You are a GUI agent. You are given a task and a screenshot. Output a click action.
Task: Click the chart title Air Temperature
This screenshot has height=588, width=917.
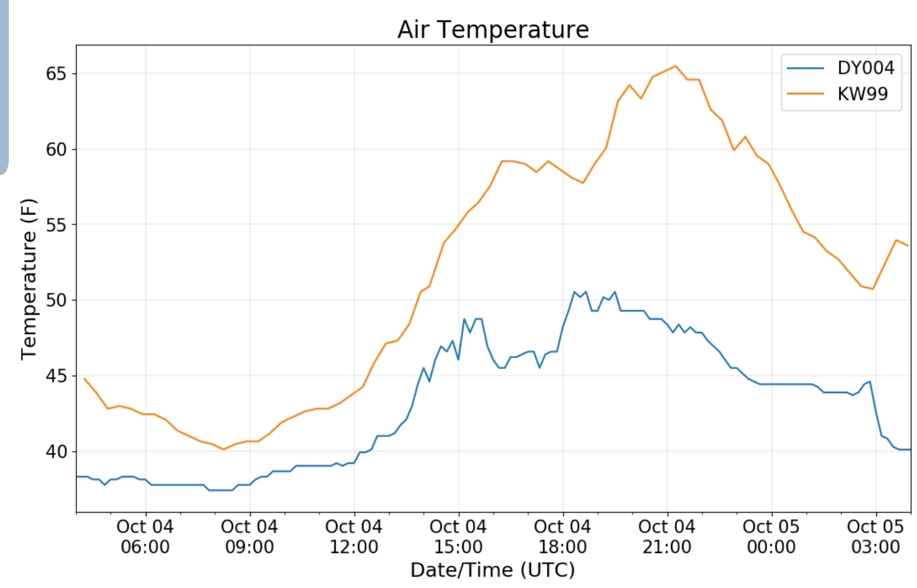click(493, 29)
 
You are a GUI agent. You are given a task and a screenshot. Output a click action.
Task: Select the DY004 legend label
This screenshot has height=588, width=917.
click(865, 68)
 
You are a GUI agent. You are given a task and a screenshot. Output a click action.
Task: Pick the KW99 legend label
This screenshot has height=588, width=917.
click(862, 94)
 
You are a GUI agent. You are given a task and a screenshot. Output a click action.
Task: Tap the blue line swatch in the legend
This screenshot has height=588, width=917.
click(805, 68)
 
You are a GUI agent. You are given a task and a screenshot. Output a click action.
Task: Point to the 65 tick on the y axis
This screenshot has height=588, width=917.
click(56, 74)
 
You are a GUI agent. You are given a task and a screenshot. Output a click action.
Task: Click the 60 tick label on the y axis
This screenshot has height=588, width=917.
click(56, 149)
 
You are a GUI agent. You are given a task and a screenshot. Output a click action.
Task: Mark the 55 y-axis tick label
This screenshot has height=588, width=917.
click(56, 225)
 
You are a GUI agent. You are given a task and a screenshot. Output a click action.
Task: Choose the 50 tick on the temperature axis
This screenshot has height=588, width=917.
click(56, 300)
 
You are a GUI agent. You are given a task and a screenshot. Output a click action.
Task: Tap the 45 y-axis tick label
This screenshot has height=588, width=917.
click(56, 376)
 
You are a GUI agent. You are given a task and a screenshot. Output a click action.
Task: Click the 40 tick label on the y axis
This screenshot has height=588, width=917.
click(56, 451)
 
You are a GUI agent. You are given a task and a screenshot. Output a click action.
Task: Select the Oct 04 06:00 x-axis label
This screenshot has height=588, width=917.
click(145, 536)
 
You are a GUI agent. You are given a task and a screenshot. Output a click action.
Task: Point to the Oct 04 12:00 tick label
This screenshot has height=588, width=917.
click(353, 536)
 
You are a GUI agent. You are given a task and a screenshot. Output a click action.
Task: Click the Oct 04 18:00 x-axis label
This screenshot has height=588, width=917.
click(562, 536)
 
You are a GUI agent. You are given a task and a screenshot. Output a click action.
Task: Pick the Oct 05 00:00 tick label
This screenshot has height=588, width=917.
click(771, 536)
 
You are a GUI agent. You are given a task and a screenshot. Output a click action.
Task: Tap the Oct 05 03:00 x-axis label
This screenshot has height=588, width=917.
click(875, 536)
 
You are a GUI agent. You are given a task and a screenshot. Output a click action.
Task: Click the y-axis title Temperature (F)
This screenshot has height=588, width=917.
click(29, 279)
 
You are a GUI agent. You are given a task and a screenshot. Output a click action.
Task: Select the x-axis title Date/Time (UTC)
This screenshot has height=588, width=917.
click(492, 570)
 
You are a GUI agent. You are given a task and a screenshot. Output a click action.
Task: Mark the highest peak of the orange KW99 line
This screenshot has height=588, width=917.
click(676, 66)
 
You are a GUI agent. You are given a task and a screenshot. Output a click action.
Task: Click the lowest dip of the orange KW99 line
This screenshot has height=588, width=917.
click(224, 449)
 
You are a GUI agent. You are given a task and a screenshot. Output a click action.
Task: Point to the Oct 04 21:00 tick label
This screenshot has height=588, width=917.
click(667, 536)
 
